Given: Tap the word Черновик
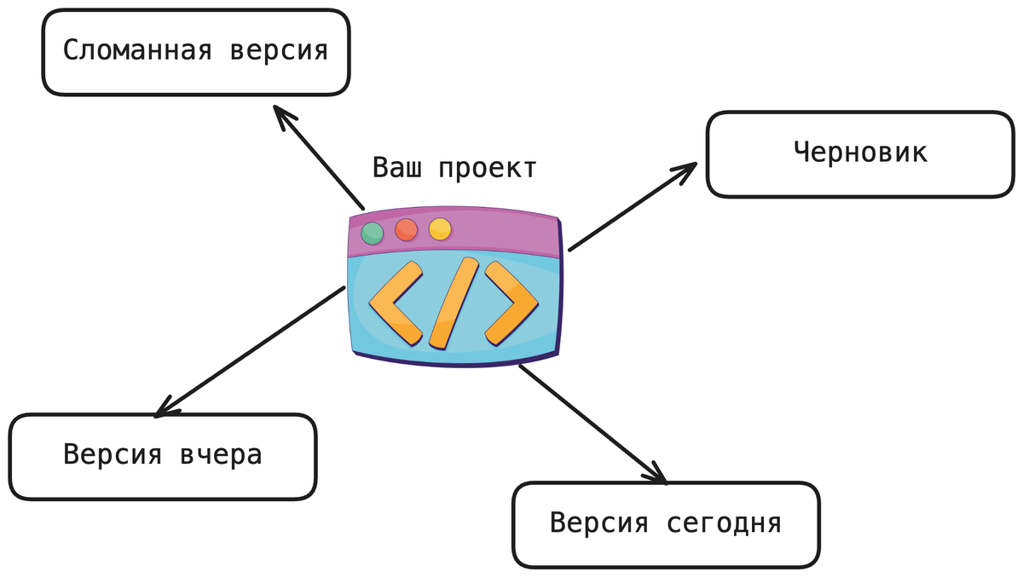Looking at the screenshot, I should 860,153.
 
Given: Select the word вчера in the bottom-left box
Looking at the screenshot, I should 221,455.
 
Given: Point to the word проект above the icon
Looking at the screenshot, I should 487,168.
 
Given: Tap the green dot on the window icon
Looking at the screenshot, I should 373,233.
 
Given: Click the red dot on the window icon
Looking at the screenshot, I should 406,230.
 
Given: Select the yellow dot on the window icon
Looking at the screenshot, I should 440,228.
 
